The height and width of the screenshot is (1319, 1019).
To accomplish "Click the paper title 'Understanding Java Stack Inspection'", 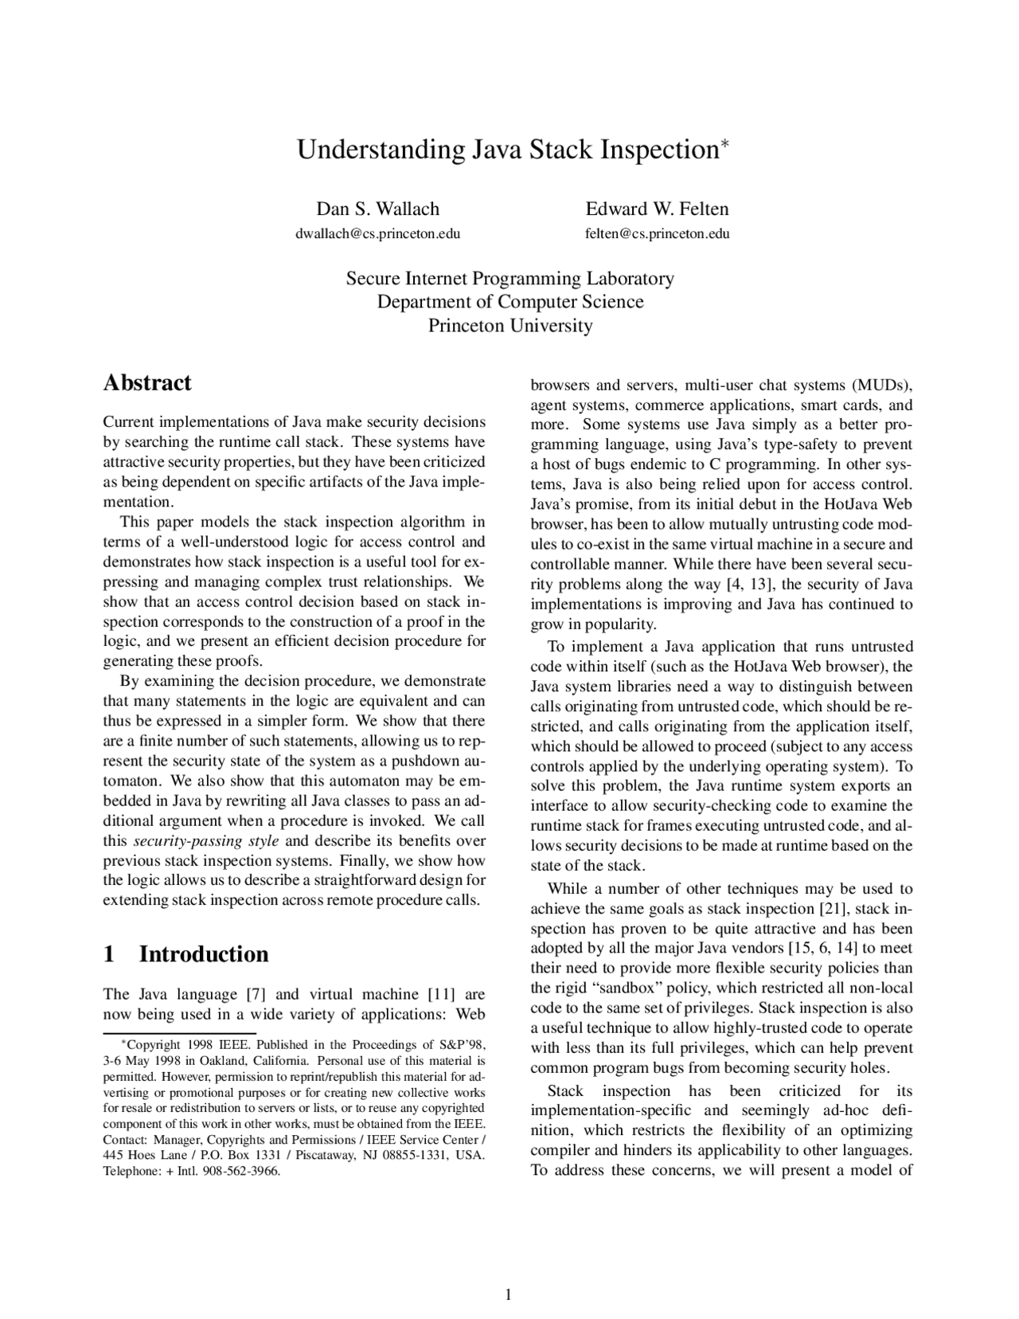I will click(x=508, y=150).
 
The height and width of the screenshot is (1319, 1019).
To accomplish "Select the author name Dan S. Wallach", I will click(x=377, y=209).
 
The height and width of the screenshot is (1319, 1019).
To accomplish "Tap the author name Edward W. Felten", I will click(x=657, y=209).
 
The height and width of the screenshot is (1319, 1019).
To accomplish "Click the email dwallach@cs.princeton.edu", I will click(x=377, y=234).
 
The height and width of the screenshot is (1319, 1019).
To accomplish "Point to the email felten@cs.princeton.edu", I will click(x=657, y=234).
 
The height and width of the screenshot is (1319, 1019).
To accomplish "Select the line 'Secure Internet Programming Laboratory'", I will click(x=509, y=279).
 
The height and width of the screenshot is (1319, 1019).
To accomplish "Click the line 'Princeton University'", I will click(x=509, y=326).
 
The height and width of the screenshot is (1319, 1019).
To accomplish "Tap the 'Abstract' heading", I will click(x=147, y=383).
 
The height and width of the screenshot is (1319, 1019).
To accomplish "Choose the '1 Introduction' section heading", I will click(x=185, y=954).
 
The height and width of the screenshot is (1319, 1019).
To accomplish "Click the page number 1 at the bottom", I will click(x=507, y=1294).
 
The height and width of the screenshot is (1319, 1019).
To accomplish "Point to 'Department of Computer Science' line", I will click(x=509, y=303).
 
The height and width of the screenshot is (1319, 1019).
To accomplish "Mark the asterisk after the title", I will click(x=724, y=143).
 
